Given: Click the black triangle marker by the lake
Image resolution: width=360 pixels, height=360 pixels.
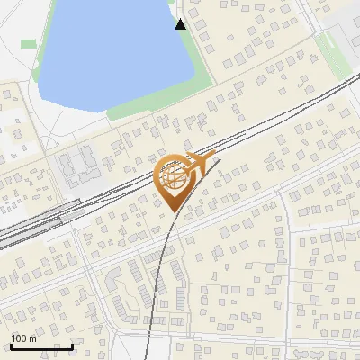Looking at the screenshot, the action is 181,24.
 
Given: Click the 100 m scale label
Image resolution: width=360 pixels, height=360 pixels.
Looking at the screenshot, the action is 23,338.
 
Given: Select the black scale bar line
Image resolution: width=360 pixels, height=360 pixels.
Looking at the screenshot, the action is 41,346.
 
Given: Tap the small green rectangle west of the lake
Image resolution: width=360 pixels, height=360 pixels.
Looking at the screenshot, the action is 29,43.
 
